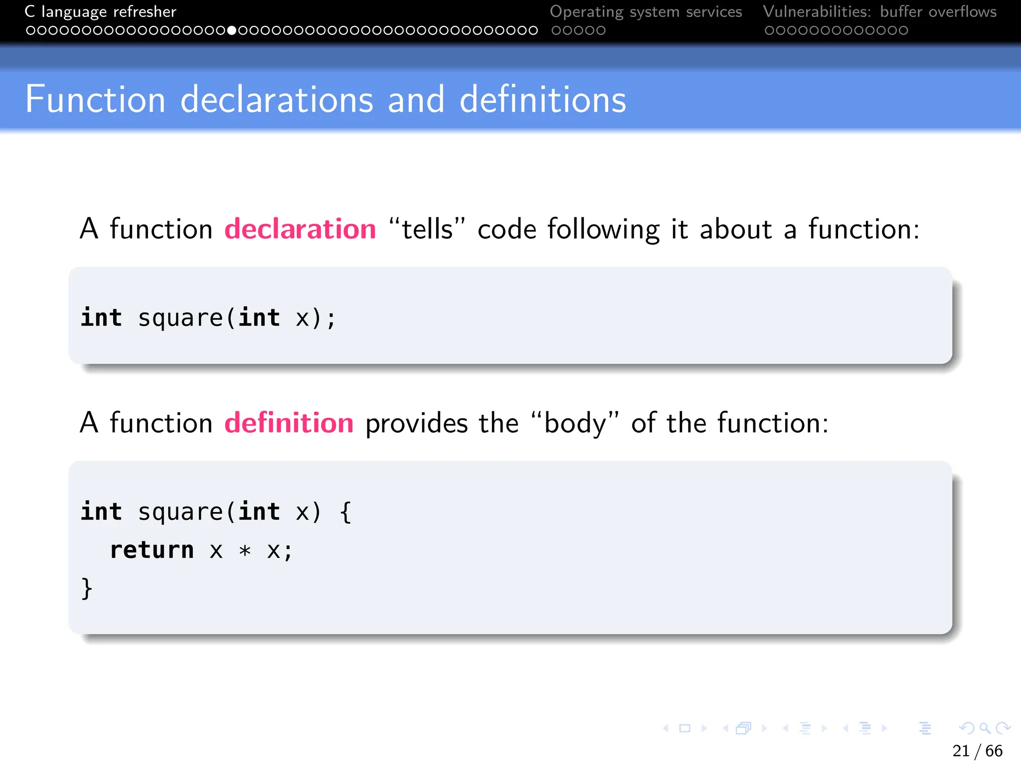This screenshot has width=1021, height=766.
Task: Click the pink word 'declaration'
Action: coord(300,229)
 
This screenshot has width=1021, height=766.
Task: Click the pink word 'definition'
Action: coord(289,423)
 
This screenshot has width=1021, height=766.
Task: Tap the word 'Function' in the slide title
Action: coord(95,100)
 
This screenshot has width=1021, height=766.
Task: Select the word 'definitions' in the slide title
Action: coord(542,100)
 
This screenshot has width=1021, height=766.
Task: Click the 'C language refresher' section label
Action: coord(100,11)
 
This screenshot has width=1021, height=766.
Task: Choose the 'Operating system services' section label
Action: coord(646,11)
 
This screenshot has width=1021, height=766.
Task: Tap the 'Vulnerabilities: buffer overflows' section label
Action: coord(879,11)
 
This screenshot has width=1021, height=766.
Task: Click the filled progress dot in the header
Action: coord(231,30)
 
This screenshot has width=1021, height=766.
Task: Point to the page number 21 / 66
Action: coord(977,751)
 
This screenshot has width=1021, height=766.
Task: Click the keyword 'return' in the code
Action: coord(152,550)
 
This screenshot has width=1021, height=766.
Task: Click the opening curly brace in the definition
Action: coord(345,512)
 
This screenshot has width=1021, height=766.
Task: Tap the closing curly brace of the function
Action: coord(87,588)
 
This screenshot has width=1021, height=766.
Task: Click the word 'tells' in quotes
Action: coord(427,229)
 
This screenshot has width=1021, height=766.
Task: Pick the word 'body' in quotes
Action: coord(575,423)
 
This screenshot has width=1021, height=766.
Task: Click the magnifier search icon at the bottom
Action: coord(985,728)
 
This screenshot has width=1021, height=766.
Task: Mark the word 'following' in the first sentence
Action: coord(603,230)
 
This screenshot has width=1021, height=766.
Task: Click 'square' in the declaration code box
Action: coord(180,319)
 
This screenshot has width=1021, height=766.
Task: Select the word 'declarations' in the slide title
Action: coord(277,100)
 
